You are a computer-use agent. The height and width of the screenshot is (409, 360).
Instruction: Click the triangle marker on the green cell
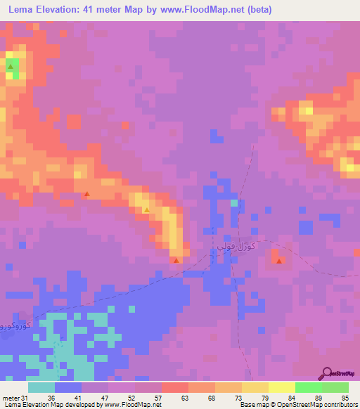click(11, 67)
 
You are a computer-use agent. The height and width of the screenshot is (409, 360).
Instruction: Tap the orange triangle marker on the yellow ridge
click(146, 209)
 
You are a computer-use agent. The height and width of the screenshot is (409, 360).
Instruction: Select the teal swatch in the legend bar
click(41, 387)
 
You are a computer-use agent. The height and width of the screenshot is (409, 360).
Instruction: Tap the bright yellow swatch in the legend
click(281, 387)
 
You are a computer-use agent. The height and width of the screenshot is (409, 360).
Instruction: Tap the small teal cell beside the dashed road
click(234, 203)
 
